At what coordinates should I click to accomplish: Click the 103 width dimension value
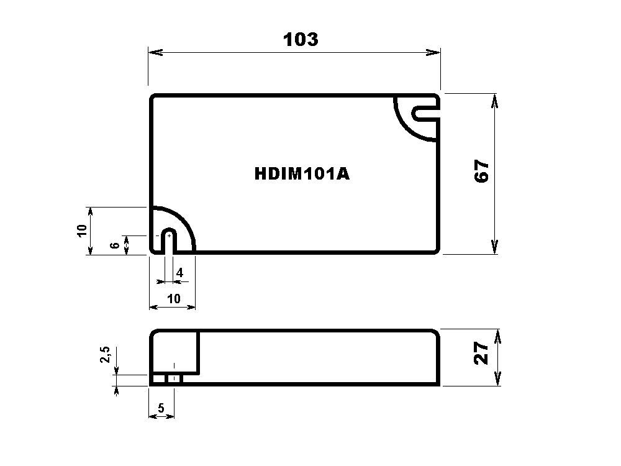(x=301, y=39)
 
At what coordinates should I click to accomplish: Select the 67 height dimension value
(x=482, y=171)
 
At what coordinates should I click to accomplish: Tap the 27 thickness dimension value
(x=482, y=354)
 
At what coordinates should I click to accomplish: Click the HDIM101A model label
(x=302, y=174)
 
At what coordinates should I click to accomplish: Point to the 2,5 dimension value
(x=105, y=357)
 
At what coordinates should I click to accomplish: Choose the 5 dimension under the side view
(x=161, y=408)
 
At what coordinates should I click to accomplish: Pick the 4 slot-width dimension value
(x=179, y=273)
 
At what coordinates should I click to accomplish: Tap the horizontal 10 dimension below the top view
(x=174, y=299)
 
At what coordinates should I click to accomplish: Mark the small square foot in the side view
(x=174, y=378)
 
